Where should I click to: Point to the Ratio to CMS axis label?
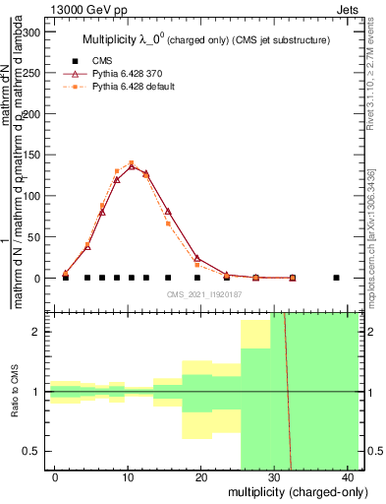click(x=14, y=392)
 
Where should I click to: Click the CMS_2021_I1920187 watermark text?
click(x=203, y=293)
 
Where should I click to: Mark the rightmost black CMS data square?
click(x=336, y=278)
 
